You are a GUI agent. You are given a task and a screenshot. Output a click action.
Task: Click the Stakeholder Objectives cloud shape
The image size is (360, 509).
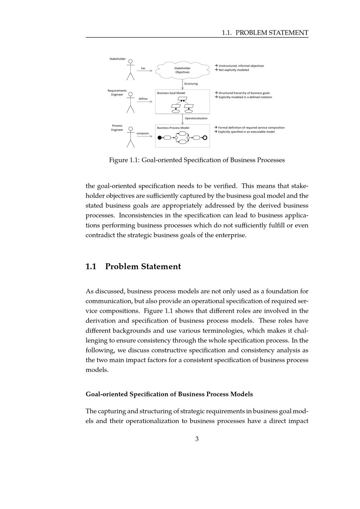183,70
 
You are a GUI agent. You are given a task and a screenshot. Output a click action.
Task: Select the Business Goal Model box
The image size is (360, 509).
183,102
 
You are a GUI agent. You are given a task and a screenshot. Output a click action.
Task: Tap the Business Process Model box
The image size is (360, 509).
183,136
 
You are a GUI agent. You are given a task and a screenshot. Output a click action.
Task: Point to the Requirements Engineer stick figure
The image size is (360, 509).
130,103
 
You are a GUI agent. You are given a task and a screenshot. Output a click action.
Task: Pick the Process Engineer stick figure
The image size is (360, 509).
130,137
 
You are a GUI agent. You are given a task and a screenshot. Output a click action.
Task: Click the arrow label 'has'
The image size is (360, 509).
143,68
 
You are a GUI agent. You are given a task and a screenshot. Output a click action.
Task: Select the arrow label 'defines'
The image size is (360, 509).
143,99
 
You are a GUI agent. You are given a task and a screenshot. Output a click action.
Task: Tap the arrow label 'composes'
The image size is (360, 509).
143,133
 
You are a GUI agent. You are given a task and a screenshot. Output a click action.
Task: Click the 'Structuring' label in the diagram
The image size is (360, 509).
191,84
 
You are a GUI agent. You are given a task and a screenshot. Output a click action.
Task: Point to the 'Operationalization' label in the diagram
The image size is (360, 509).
196,118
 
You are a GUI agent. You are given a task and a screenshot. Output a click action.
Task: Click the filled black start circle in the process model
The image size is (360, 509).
160,138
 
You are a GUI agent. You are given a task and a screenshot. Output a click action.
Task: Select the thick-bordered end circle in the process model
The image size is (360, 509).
205,138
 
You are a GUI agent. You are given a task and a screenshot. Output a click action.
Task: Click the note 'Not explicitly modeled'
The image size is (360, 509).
234,70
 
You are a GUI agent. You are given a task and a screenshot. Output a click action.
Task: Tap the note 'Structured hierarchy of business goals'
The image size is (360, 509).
244,93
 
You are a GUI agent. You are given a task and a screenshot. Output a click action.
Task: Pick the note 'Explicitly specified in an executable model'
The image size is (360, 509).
246,132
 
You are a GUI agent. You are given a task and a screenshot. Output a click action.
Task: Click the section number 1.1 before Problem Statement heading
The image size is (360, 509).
91,267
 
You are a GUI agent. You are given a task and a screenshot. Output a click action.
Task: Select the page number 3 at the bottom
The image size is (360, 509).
197,439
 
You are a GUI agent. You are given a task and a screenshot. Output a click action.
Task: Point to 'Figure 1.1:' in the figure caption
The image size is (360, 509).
125,160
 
